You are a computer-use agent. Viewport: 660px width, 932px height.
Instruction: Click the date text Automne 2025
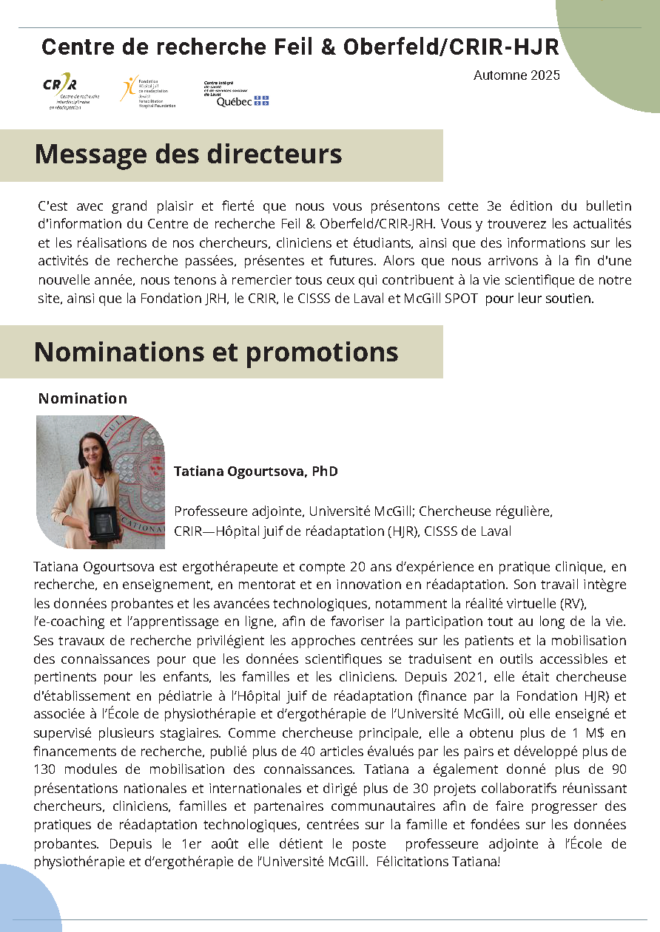point(516,75)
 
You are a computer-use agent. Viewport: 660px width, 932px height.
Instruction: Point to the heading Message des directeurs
point(189,154)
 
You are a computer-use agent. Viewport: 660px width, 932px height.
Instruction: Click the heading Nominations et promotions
point(216,352)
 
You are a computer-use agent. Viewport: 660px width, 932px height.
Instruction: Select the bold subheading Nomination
point(83,398)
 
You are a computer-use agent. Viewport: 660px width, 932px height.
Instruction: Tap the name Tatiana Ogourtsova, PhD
point(256,471)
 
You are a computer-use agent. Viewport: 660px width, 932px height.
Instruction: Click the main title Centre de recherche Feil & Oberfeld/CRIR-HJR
point(300,47)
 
